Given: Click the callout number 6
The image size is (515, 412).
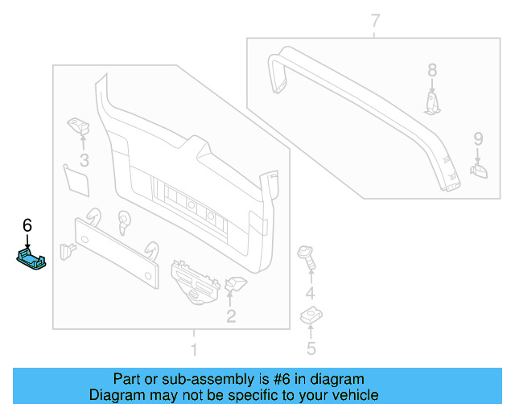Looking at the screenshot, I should pyautogui.click(x=27, y=225).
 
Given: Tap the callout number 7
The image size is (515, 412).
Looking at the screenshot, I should pyautogui.click(x=375, y=21).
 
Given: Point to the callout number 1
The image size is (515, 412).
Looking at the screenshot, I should pyautogui.click(x=192, y=349).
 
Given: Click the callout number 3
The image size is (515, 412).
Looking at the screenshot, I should pyautogui.click(x=84, y=159).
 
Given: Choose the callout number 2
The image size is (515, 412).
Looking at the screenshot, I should pyautogui.click(x=231, y=316).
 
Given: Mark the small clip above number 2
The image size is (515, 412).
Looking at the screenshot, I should pyautogui.click(x=236, y=283).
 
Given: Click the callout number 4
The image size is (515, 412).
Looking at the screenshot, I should pyautogui.click(x=310, y=293).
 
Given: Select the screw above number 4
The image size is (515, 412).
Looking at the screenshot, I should pyautogui.click(x=307, y=256).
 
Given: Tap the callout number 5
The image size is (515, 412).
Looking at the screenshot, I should pyautogui.click(x=311, y=348).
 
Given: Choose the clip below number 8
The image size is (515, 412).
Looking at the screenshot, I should pyautogui.click(x=433, y=103).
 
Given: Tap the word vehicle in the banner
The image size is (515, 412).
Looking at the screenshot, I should pyautogui.click(x=353, y=395).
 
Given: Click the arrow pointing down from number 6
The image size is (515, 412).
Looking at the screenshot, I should pyautogui.click(x=27, y=240).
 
